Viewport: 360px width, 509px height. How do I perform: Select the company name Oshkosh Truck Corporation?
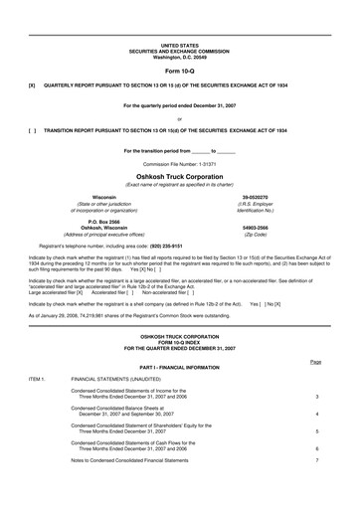pos(179,174)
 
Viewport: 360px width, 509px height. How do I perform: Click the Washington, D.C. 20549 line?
pos(179,56)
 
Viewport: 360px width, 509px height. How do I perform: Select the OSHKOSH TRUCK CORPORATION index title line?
pos(180,309)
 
